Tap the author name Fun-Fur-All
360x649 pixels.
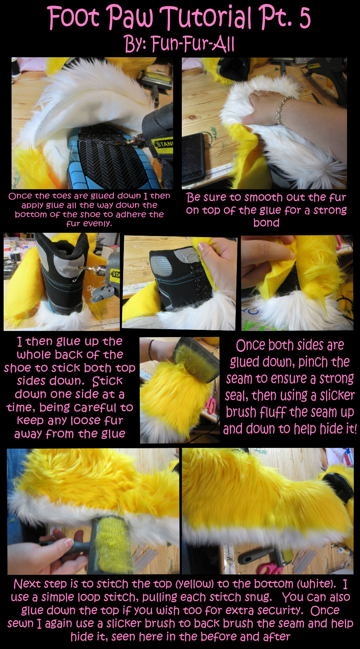193,44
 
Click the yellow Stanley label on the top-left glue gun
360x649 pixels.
164,144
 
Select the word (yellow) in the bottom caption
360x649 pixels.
197,584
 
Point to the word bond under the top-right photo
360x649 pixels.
266,222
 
